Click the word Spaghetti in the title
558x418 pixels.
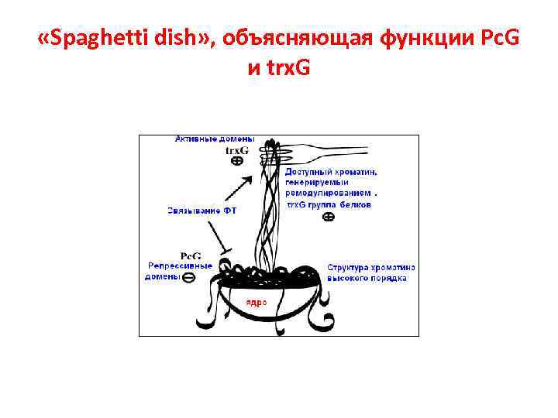(x=101, y=39)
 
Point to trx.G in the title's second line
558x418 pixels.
(x=288, y=69)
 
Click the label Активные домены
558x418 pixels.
(x=215, y=139)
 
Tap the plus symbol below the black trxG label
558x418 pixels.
(x=237, y=162)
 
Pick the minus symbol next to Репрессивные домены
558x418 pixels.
(x=189, y=277)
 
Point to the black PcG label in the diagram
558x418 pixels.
(x=191, y=255)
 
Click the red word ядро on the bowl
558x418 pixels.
(x=257, y=303)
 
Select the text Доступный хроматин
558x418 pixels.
(x=331, y=172)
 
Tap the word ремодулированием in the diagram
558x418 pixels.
(x=326, y=194)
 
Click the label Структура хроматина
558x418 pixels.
(x=370, y=267)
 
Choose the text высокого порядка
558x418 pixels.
(x=367, y=278)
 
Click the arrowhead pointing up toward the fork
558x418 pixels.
(x=250, y=180)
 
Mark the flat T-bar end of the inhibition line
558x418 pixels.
(x=226, y=252)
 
